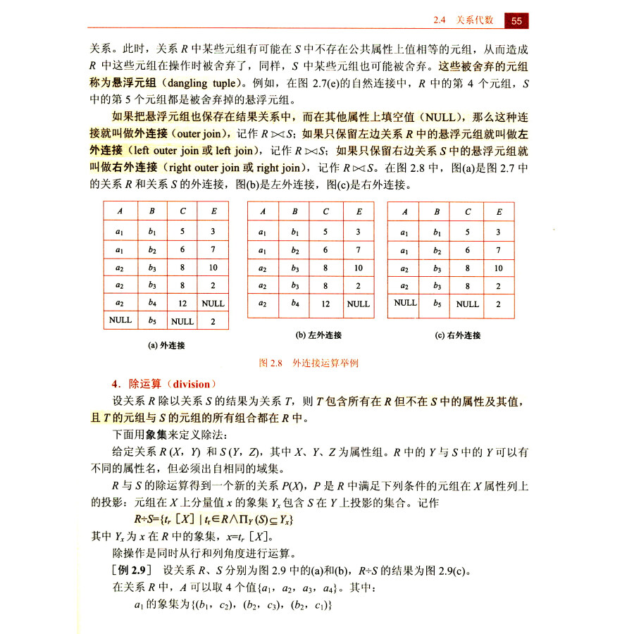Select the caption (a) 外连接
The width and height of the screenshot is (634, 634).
(x=166, y=345)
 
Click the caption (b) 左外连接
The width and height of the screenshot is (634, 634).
(x=310, y=335)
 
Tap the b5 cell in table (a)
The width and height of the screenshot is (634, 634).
(x=152, y=321)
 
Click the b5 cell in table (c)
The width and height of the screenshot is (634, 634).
(x=437, y=304)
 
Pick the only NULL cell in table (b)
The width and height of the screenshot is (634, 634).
(x=358, y=304)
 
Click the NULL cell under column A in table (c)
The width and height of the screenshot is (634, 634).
(x=405, y=303)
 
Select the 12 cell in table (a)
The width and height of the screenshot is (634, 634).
(x=182, y=303)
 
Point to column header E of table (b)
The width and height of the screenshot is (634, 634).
(x=358, y=211)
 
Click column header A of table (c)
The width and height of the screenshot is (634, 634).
(x=405, y=211)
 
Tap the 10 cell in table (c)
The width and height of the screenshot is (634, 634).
(x=498, y=268)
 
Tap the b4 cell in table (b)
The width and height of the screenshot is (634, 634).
(x=295, y=304)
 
